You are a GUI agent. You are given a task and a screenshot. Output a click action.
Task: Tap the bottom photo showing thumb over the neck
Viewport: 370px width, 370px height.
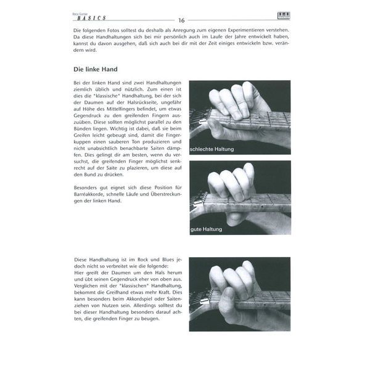click(239, 294)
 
